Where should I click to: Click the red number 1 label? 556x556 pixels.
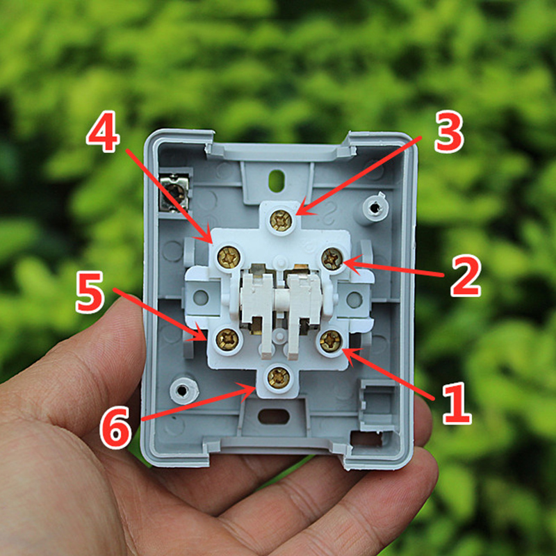pyautogui.click(x=457, y=403)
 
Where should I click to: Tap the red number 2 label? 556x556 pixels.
pyautogui.click(x=466, y=275)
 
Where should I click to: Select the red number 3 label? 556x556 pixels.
pyautogui.click(x=449, y=131)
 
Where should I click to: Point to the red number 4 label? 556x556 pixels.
pyautogui.click(x=103, y=131)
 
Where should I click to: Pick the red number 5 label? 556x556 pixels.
pyautogui.click(x=90, y=292)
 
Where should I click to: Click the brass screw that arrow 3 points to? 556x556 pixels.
pyautogui.click(x=281, y=220)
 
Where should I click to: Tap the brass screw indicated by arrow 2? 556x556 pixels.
pyautogui.click(x=332, y=259)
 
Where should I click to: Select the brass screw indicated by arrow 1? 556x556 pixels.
pyautogui.click(x=331, y=341)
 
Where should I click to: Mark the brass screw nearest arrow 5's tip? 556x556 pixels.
pyautogui.click(x=227, y=340)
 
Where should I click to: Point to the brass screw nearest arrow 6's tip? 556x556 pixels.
pyautogui.click(x=279, y=377)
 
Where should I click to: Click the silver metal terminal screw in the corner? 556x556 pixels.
pyautogui.click(x=174, y=193)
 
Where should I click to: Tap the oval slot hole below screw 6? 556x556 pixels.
pyautogui.click(x=274, y=416)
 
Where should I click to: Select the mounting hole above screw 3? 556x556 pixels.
pyautogui.click(x=277, y=181)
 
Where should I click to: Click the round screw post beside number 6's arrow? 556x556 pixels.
pyautogui.click(x=183, y=391)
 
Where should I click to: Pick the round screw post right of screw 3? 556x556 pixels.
pyautogui.click(x=375, y=208)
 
